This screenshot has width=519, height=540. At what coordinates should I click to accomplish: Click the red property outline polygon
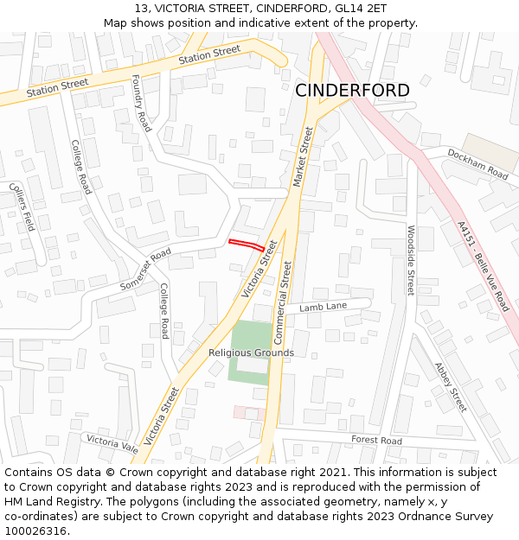pyautogui.click(x=247, y=245)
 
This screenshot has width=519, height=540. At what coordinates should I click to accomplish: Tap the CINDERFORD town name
pyautogui.click(x=352, y=91)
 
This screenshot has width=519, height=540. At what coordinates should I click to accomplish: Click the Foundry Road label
pyautogui.click(x=141, y=103)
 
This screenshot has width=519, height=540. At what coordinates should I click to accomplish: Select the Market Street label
pyautogui.click(x=302, y=156)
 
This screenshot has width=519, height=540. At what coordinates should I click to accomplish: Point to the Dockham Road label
pyautogui.click(x=477, y=163)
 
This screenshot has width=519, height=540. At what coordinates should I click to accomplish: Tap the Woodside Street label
pyautogui.click(x=411, y=259)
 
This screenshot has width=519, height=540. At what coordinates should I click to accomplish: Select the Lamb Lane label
pyautogui.click(x=323, y=307)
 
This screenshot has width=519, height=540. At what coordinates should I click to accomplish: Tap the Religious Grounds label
pyautogui.click(x=251, y=353)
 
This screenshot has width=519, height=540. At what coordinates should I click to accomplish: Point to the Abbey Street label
pyautogui.click(x=450, y=386)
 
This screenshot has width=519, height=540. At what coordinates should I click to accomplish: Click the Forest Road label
pyautogui.click(x=376, y=440)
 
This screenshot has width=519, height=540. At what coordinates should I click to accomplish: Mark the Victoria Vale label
pyautogui.click(x=112, y=443)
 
